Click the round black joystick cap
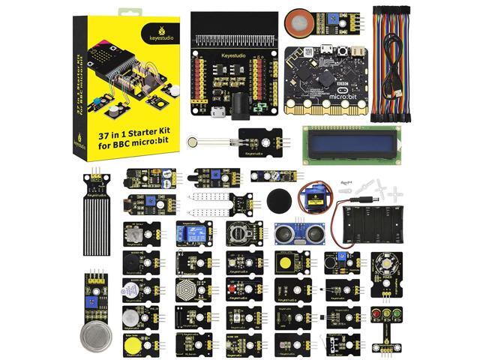click(278, 201)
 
